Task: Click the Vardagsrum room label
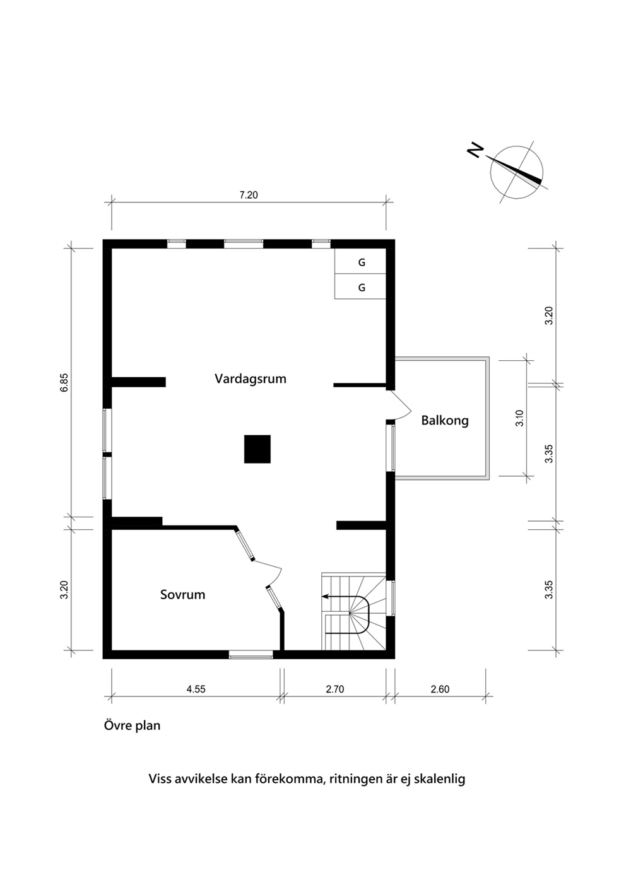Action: click(x=250, y=379)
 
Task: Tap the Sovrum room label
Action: click(x=182, y=595)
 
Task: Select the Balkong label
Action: click(x=445, y=420)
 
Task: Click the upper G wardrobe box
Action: click(x=360, y=261)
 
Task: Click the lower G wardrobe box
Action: click(x=360, y=286)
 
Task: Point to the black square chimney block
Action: click(x=257, y=449)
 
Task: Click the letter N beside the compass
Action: click(x=475, y=150)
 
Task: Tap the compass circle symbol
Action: click(x=516, y=172)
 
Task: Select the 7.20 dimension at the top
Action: click(x=249, y=195)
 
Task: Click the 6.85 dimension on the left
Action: click(x=64, y=382)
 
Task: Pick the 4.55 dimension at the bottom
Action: click(x=196, y=689)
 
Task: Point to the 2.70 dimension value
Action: click(x=334, y=689)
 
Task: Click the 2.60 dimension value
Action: click(x=440, y=689)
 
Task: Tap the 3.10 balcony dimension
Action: click(x=520, y=418)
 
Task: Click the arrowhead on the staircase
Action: click(x=325, y=596)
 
